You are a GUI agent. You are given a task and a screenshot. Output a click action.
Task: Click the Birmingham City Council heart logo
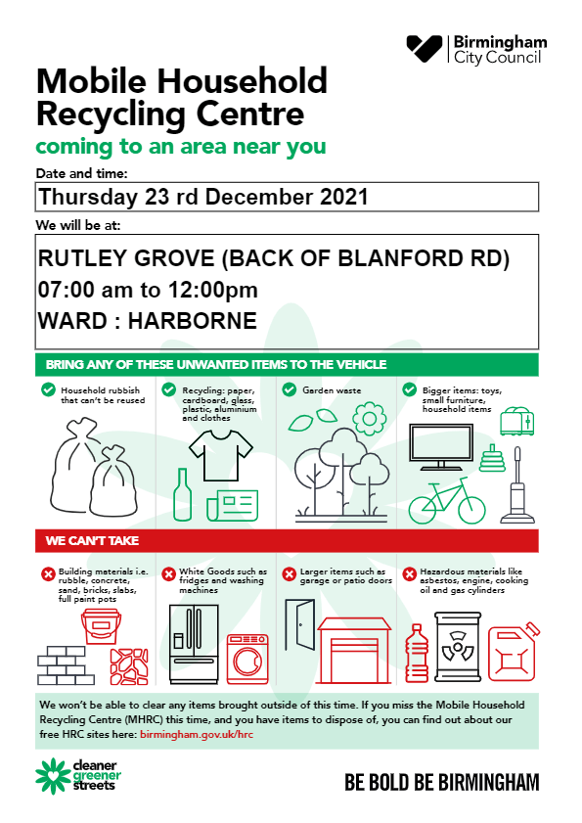click(425, 48)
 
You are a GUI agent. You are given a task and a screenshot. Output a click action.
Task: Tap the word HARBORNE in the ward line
click(193, 321)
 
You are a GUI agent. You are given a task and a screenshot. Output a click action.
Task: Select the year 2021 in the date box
click(343, 197)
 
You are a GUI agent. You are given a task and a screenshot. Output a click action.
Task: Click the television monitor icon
click(441, 448)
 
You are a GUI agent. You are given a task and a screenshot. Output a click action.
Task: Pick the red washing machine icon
click(247, 659)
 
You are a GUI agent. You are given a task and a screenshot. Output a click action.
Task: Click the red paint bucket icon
click(102, 626)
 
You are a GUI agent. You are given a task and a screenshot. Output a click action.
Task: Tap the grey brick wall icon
click(66, 665)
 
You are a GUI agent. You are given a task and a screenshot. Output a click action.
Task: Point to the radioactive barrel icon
click(458, 647)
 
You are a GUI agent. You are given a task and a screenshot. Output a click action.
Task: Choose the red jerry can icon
click(514, 653)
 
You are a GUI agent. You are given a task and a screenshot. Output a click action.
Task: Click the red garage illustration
click(354, 651)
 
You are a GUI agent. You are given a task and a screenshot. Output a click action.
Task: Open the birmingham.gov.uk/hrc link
click(197, 734)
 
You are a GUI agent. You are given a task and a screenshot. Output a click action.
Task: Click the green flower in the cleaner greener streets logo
click(52, 776)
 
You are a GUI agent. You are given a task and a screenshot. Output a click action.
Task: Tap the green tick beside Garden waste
click(290, 390)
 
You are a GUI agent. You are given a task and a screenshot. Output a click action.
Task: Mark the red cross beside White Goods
click(168, 574)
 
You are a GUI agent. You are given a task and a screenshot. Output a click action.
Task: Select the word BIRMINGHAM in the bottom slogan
click(489, 783)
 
